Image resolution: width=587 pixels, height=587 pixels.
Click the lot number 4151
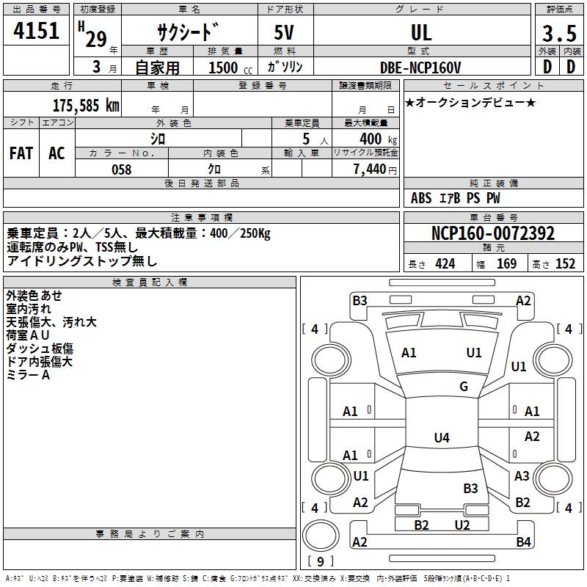tap(36, 32)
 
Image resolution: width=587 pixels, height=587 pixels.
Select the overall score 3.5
tap(558, 33)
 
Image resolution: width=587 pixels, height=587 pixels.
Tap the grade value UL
tap(421, 32)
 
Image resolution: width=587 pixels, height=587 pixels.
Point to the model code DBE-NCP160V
tap(421, 68)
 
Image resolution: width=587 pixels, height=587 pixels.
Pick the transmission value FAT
tap(21, 153)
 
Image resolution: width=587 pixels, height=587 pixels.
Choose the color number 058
tap(121, 169)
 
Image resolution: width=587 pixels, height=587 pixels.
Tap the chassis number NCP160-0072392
tap(493, 233)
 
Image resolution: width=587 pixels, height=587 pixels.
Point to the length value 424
tap(445, 264)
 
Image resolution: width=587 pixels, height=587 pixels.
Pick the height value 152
tap(565, 264)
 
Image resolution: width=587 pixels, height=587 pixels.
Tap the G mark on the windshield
tap(464, 387)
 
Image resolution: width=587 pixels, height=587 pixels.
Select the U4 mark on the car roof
tap(441, 438)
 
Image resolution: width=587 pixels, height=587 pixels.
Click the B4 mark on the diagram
tap(523, 542)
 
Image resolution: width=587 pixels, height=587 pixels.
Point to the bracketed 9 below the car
tap(320, 562)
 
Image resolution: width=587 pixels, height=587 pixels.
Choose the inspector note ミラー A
tap(28, 375)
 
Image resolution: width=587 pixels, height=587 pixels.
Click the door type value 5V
tap(285, 32)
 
